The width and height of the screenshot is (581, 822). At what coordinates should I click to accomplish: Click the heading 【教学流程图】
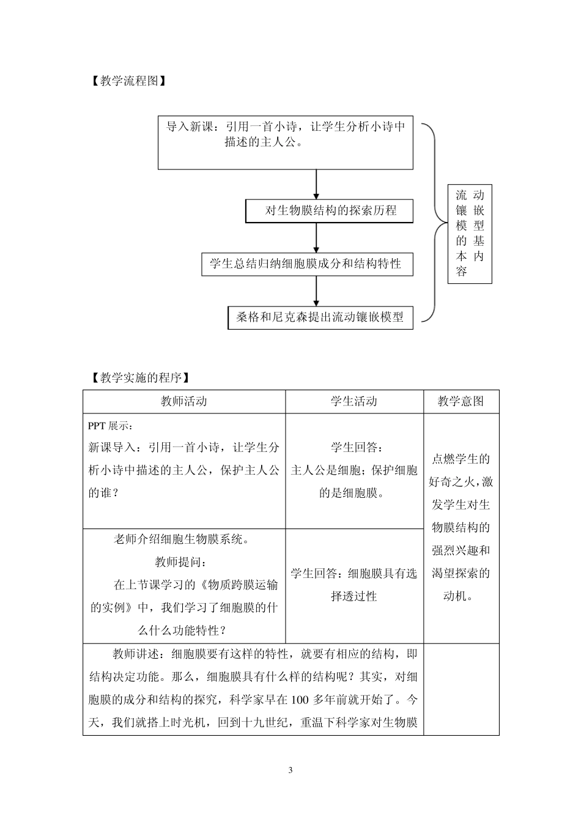pyautogui.click(x=128, y=81)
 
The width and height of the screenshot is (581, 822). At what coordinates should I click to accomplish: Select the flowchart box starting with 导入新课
pyautogui.click(x=286, y=143)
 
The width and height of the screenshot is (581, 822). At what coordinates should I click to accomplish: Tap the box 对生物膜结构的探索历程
pyautogui.click(x=330, y=211)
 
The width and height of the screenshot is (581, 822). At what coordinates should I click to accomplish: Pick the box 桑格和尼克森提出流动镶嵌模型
pyautogui.click(x=320, y=317)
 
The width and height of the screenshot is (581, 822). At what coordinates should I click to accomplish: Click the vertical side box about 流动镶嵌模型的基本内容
pyautogui.click(x=470, y=233)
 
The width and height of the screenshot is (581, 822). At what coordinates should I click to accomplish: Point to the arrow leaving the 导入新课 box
pyautogui.click(x=316, y=183)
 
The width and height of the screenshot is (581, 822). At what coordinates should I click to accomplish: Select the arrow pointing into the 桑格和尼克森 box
pyautogui.click(x=316, y=291)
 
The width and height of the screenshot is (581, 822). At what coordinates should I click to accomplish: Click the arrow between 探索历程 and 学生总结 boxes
pyautogui.click(x=316, y=237)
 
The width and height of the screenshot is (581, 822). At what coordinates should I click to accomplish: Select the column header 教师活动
pyautogui.click(x=184, y=401)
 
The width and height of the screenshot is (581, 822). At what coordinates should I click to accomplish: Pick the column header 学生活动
pyautogui.click(x=354, y=401)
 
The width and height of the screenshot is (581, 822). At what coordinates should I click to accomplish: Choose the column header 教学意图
pyautogui.click(x=461, y=401)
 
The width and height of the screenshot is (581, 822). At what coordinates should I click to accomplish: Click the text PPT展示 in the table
pyautogui.click(x=110, y=426)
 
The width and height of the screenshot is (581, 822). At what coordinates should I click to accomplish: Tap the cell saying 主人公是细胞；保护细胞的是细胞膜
pyautogui.click(x=354, y=470)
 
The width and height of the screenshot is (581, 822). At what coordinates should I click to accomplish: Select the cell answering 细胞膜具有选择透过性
pyautogui.click(x=354, y=585)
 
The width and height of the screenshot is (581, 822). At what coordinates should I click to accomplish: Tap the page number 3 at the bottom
pyautogui.click(x=290, y=770)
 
